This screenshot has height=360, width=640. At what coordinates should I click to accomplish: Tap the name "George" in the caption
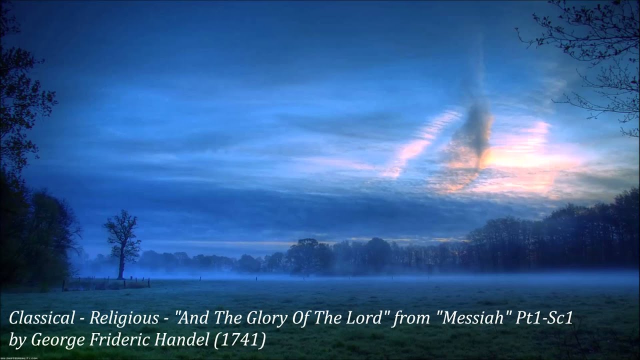click(58, 340)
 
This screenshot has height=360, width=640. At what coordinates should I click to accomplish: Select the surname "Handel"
click(186, 340)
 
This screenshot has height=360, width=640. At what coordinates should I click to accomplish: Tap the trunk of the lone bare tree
click(120, 265)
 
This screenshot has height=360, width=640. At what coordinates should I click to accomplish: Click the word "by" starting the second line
click(16, 340)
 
